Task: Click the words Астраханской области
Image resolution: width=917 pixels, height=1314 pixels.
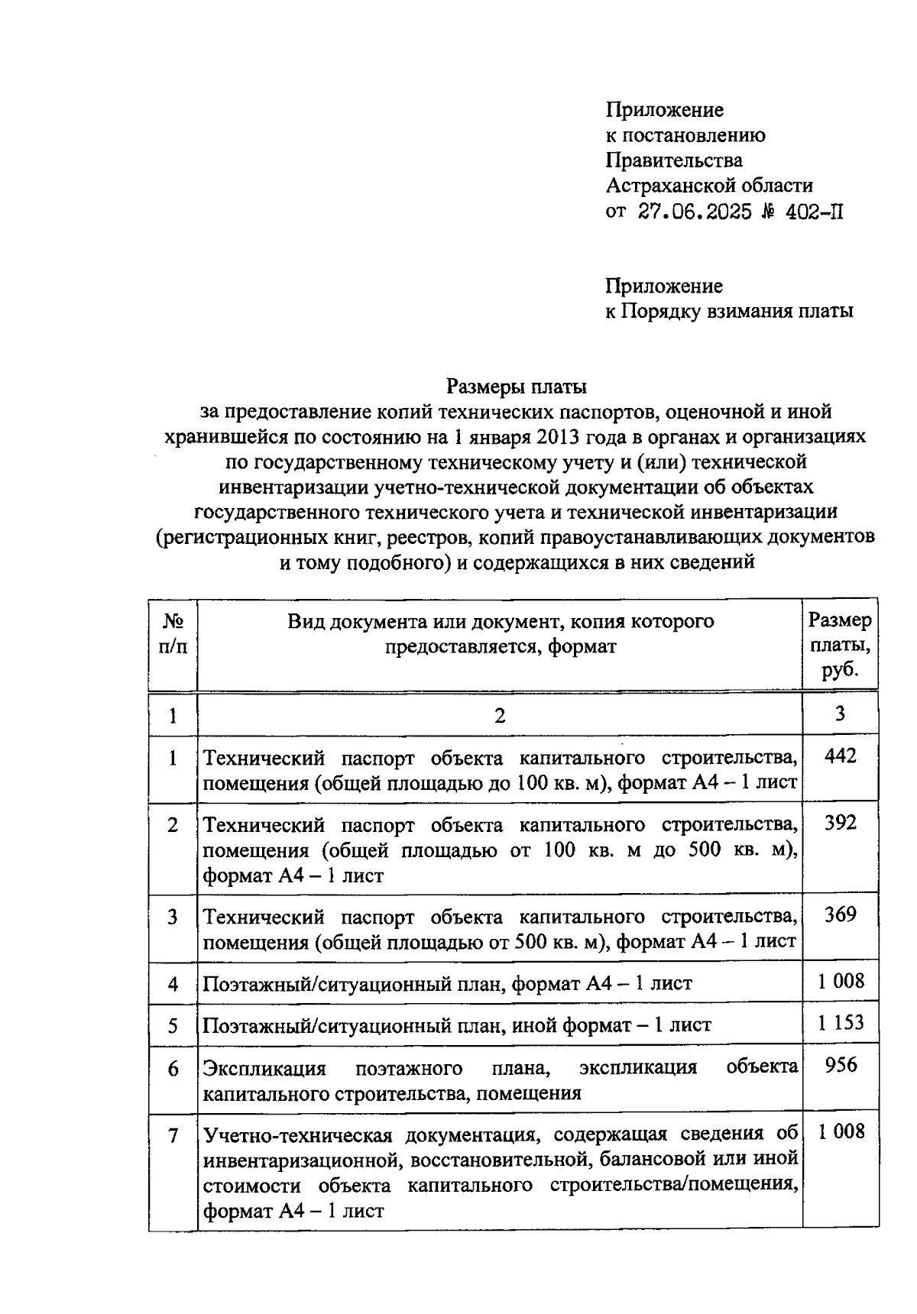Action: pyautogui.click(x=709, y=186)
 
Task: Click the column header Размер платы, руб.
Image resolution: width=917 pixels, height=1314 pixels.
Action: pyautogui.click(x=840, y=646)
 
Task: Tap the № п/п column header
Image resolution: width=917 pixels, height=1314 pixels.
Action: pyautogui.click(x=173, y=633)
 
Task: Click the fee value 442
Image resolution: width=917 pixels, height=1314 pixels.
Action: pyautogui.click(x=841, y=756)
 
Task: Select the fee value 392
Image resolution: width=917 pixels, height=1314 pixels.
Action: pyautogui.click(x=841, y=823)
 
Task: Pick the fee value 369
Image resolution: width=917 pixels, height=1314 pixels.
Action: pyautogui.click(x=841, y=914)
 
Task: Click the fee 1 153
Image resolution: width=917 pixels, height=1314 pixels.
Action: pyautogui.click(x=841, y=1023)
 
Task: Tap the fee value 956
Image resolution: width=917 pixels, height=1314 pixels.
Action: pyautogui.click(x=841, y=1065)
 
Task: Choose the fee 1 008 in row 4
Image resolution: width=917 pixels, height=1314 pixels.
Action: pyautogui.click(x=841, y=982)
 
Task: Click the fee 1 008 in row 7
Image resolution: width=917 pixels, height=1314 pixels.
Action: pyautogui.click(x=841, y=1132)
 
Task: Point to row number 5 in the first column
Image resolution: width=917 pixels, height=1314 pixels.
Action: pyautogui.click(x=173, y=1025)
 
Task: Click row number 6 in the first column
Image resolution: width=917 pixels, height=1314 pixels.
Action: pyautogui.click(x=173, y=1069)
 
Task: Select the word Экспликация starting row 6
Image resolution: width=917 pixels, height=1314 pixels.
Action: pyautogui.click(x=264, y=1068)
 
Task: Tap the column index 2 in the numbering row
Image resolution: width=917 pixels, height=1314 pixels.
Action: pyautogui.click(x=500, y=716)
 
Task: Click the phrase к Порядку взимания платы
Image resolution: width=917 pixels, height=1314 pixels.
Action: pyautogui.click(x=729, y=312)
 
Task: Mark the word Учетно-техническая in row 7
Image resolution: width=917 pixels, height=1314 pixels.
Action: pyautogui.click(x=298, y=1135)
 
